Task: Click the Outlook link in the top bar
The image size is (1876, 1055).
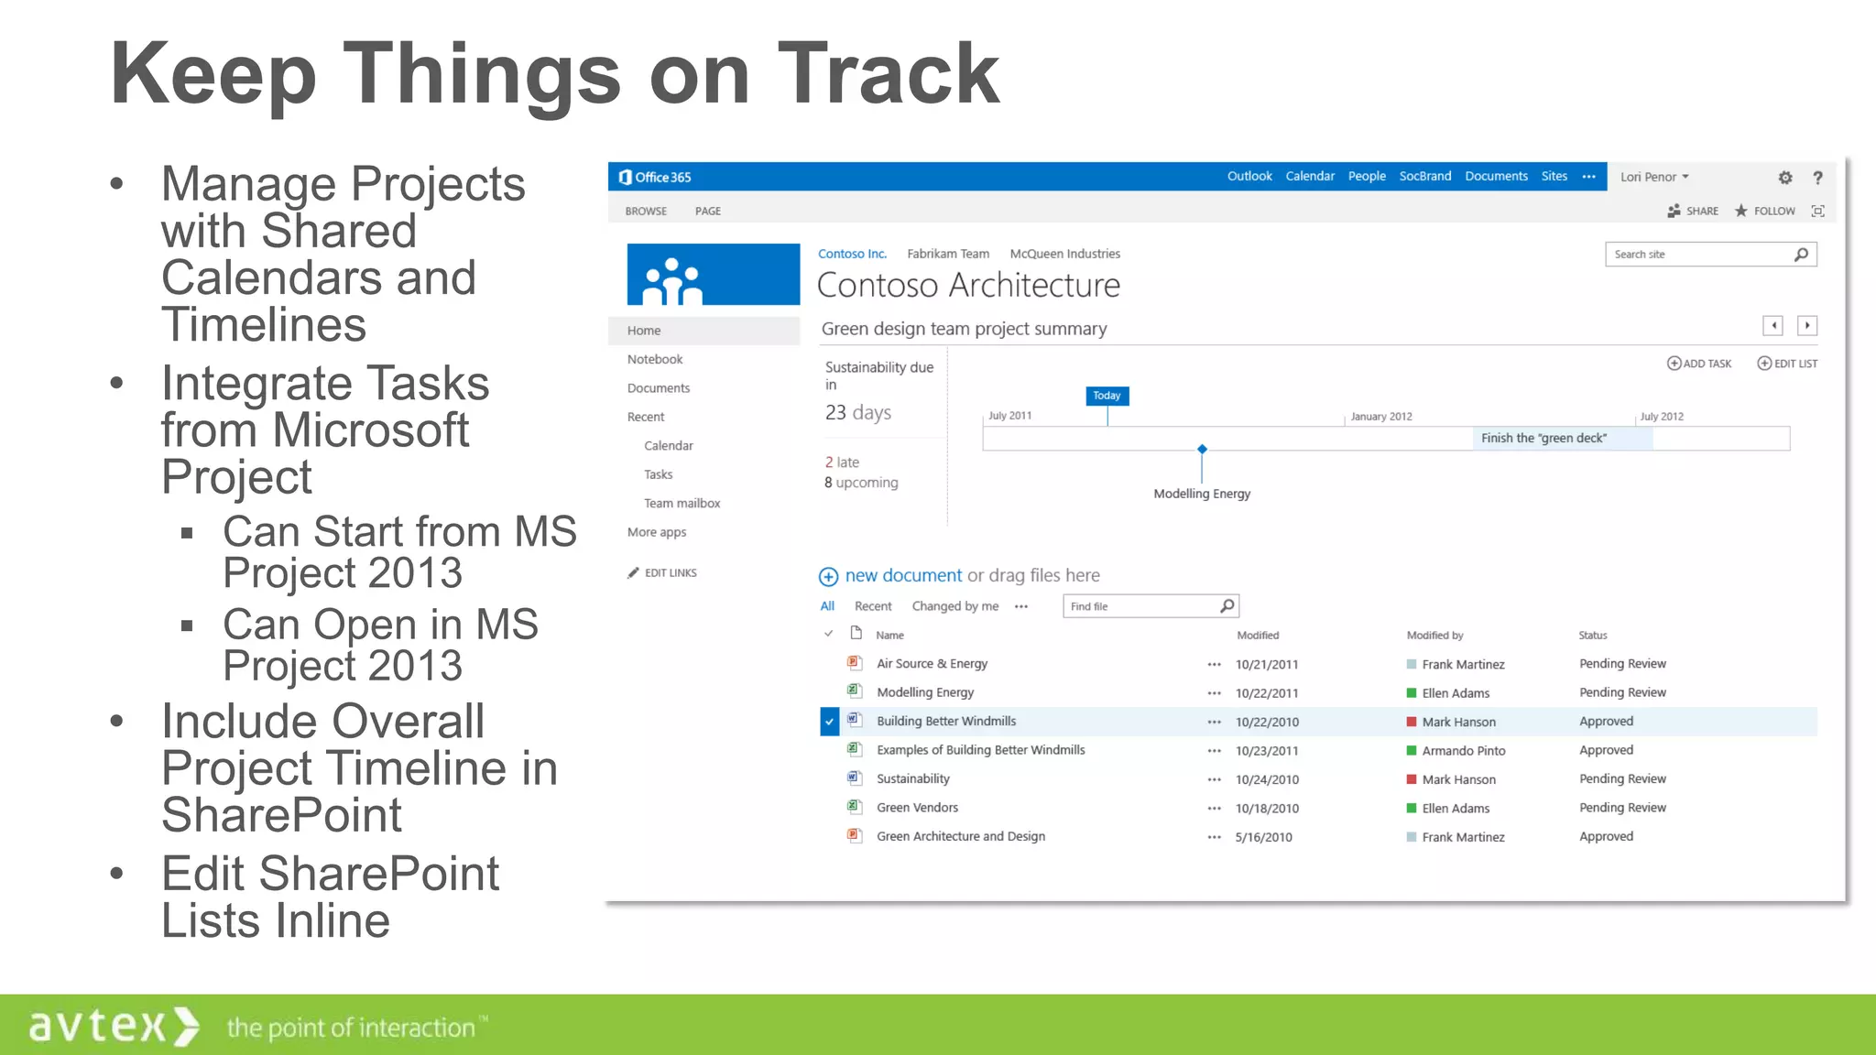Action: pyautogui.click(x=1249, y=176)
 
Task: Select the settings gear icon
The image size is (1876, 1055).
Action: pyautogui.click(x=1784, y=178)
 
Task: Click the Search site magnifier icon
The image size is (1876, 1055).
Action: pyautogui.click(x=1801, y=255)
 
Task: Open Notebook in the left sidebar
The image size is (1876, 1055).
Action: pyautogui.click(x=655, y=359)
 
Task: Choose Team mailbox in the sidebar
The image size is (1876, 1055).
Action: pyautogui.click(x=682, y=503)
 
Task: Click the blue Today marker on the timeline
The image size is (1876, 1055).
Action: pyautogui.click(x=1107, y=396)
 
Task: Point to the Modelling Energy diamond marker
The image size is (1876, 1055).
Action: pyautogui.click(x=1202, y=449)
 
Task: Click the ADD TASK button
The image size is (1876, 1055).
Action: pyautogui.click(x=1699, y=364)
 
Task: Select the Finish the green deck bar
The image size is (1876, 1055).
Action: pyautogui.click(x=1562, y=438)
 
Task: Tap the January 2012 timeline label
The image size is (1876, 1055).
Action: pyautogui.click(x=1380, y=417)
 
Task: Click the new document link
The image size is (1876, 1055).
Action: pyautogui.click(x=902, y=575)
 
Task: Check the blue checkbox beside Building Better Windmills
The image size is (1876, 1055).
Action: pyautogui.click(x=829, y=722)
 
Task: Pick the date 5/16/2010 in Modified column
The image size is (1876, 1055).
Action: pyautogui.click(x=1263, y=837)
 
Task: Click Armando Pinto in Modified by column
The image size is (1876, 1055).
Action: pyautogui.click(x=1463, y=751)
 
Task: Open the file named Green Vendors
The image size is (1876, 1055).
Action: pyautogui.click(x=917, y=808)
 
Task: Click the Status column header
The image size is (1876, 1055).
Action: pyautogui.click(x=1592, y=636)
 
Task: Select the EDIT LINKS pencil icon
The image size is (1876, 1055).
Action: pyautogui.click(x=633, y=573)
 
